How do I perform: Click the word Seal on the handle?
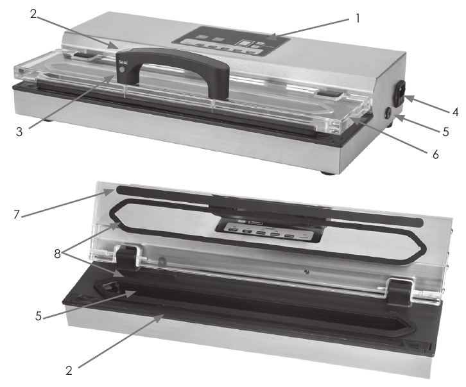123,62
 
